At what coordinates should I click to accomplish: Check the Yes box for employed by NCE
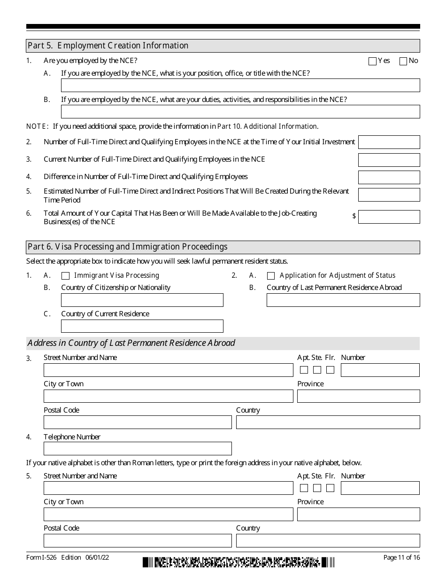[x=373, y=61]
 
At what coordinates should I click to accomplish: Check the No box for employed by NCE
[x=403, y=61]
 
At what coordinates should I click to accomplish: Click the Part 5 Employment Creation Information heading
[x=108, y=46]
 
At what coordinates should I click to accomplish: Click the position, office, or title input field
[x=240, y=85]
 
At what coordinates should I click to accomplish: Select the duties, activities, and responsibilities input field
[x=240, y=111]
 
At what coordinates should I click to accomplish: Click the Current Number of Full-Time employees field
[x=389, y=160]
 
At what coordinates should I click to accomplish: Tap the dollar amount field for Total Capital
[x=389, y=217]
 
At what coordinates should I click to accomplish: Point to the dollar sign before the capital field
[x=354, y=216]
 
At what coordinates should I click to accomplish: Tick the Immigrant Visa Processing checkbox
[x=66, y=276]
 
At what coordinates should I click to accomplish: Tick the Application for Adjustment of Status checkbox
[x=271, y=276]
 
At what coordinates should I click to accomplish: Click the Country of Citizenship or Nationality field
[x=142, y=300]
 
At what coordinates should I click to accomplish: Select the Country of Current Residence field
[x=142, y=326]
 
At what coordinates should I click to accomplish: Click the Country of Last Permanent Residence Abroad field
[x=343, y=300]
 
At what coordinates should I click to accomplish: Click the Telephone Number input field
[x=138, y=448]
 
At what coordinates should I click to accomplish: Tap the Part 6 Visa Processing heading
[x=128, y=247]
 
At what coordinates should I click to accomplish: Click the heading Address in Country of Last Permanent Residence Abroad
[x=131, y=343]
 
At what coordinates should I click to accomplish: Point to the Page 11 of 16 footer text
[x=401, y=558]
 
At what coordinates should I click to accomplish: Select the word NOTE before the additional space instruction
[x=37, y=126]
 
